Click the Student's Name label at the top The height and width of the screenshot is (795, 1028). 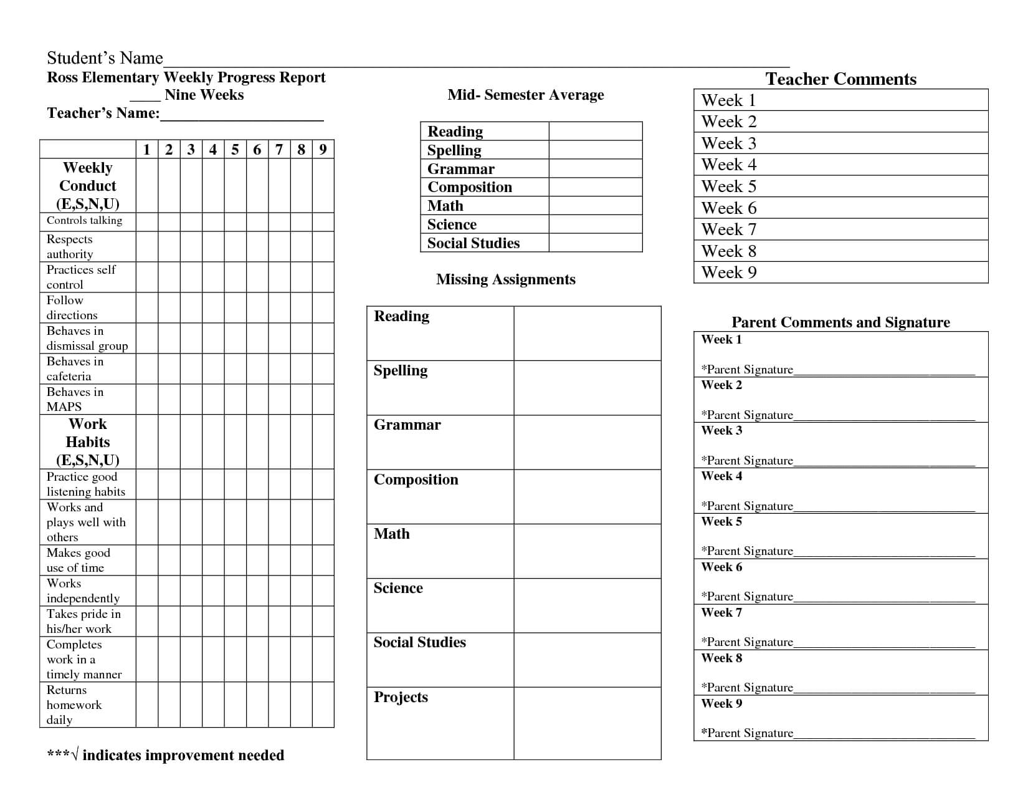[x=105, y=58]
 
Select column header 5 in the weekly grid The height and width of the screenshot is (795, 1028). [x=235, y=150]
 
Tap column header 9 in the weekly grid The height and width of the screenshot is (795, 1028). [x=323, y=150]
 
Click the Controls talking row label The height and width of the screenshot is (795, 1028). [x=84, y=221]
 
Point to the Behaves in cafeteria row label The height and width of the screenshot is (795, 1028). [x=75, y=369]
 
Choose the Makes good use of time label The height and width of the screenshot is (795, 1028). [x=78, y=560]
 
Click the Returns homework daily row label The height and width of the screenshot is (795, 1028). [x=74, y=705]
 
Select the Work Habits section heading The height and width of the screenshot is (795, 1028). [x=88, y=441]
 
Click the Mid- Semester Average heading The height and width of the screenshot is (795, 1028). [x=525, y=95]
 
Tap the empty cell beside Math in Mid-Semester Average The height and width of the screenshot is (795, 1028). [x=595, y=206]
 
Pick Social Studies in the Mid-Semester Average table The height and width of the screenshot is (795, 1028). [x=474, y=243]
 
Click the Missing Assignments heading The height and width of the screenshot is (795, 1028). [x=505, y=279]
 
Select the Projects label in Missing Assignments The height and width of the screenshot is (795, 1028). [x=401, y=697]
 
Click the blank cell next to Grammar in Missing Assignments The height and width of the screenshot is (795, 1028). [x=587, y=442]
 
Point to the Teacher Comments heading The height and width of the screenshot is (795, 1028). [x=840, y=79]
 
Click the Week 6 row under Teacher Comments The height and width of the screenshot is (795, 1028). [x=840, y=208]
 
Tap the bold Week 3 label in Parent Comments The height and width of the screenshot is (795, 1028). [x=721, y=431]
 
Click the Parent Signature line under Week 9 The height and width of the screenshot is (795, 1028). [x=885, y=733]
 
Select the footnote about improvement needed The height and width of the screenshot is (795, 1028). [x=166, y=755]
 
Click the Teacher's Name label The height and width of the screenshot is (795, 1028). [x=103, y=113]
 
